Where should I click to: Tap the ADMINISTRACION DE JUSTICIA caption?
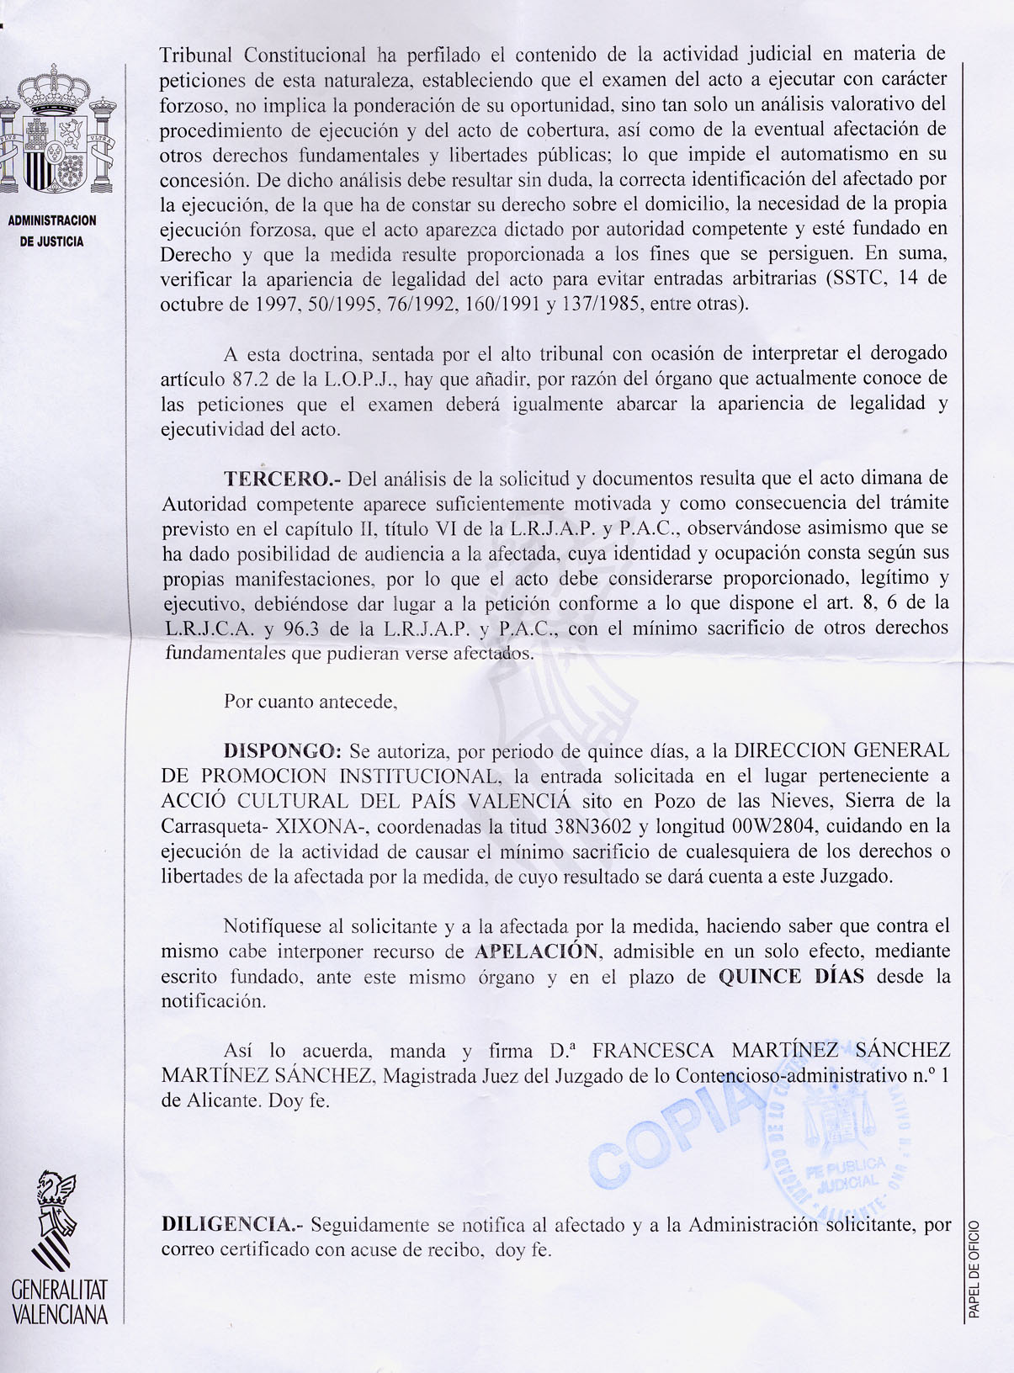52,231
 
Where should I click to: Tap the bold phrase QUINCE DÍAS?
791,977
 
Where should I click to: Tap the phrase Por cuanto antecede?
310,701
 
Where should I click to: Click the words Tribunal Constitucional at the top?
263,56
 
